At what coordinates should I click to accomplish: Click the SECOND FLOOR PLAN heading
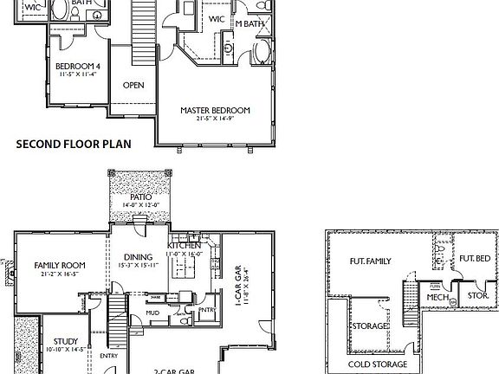pos(74,145)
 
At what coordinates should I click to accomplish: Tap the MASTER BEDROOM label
pos(215,110)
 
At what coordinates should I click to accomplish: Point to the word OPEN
pos(133,85)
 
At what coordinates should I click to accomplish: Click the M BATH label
pos(250,23)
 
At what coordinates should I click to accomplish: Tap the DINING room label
pos(138,256)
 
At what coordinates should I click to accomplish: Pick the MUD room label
pos(152,312)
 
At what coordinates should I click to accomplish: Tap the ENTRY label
pos(108,355)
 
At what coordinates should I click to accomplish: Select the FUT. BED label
pos(475,258)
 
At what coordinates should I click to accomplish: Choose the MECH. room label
pos(437,297)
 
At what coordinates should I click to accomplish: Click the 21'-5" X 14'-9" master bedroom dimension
pos(215,119)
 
